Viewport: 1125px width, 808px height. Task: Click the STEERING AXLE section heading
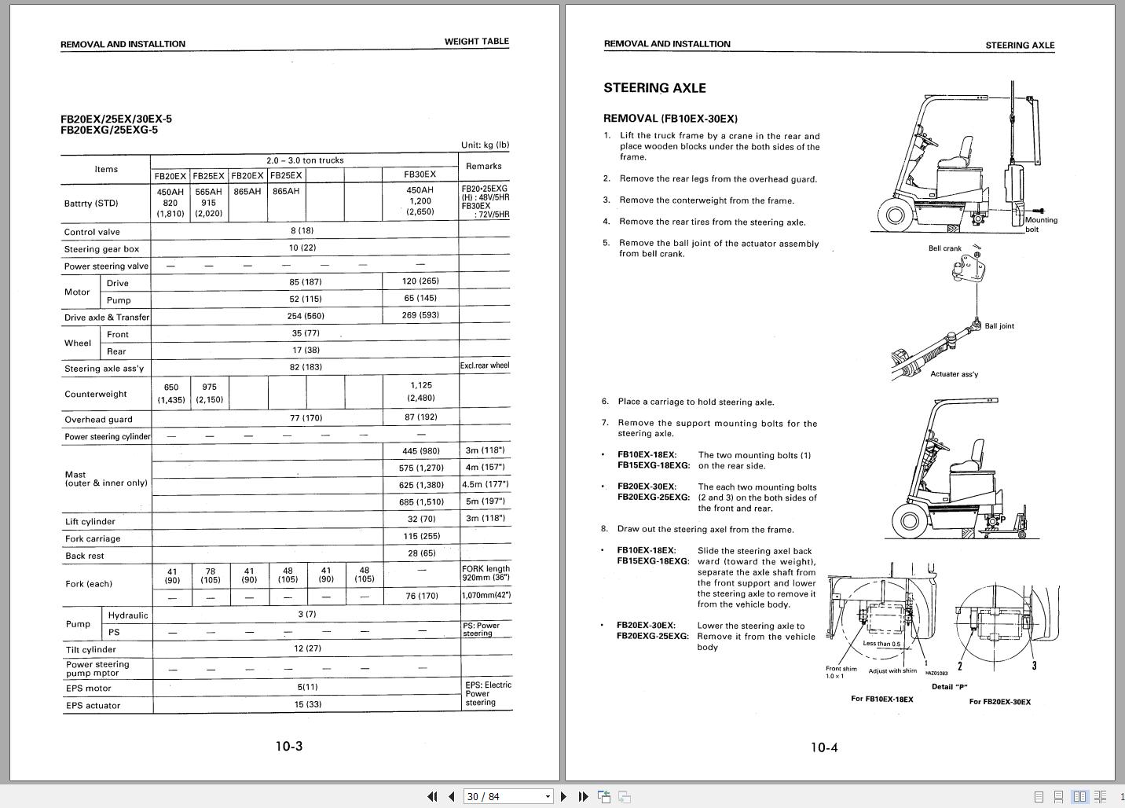(x=654, y=88)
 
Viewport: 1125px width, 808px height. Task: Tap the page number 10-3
(x=288, y=747)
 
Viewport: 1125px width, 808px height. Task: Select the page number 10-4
(x=824, y=747)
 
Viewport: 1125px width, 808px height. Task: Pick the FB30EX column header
(x=420, y=174)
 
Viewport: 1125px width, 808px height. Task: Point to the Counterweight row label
(x=95, y=395)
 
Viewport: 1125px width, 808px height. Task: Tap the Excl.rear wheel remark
(x=484, y=365)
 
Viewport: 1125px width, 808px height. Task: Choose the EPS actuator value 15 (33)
(x=308, y=704)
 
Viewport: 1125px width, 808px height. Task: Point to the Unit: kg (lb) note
(x=485, y=145)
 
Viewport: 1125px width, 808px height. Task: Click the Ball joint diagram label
(x=999, y=326)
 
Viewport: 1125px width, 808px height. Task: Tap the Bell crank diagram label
(x=944, y=248)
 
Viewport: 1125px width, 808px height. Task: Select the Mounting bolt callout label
(x=1040, y=225)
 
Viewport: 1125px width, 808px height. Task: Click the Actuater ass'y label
(x=954, y=374)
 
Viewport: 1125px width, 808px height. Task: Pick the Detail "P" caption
(x=949, y=687)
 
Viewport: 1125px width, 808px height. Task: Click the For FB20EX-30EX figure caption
(x=999, y=702)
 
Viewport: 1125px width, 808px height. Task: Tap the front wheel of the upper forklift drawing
(x=895, y=214)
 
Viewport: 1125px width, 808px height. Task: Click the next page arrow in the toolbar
(x=563, y=796)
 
